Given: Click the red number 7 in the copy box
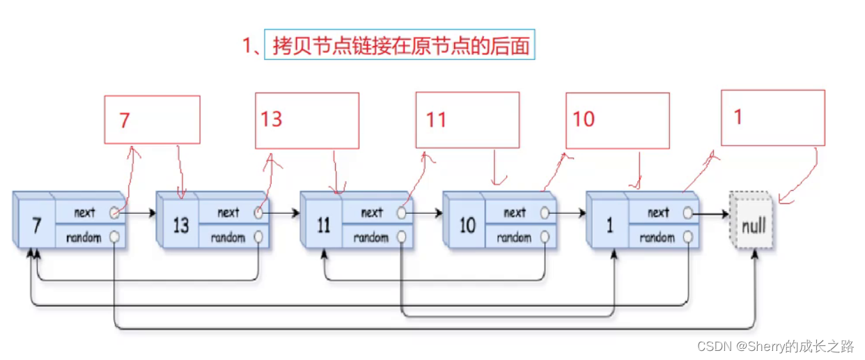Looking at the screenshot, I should (x=125, y=121).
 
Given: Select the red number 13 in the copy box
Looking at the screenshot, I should (x=272, y=119).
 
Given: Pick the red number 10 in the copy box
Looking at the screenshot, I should (x=584, y=119).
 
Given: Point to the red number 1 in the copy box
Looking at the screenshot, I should (x=738, y=117).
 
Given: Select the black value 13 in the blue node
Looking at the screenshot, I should (x=180, y=226).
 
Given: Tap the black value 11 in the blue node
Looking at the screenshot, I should (x=324, y=226).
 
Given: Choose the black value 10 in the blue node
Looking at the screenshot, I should (x=467, y=226).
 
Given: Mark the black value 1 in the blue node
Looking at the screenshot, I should (x=611, y=226).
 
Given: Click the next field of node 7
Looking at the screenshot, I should (x=84, y=213).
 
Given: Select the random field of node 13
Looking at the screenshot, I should (x=228, y=237).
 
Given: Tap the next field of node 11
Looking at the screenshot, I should (x=371, y=213).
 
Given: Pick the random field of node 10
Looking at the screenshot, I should (x=515, y=237).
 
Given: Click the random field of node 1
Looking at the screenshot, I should (x=657, y=237).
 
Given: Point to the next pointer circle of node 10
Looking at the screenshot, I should (x=545, y=213).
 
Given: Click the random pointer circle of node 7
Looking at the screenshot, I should (x=115, y=237).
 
